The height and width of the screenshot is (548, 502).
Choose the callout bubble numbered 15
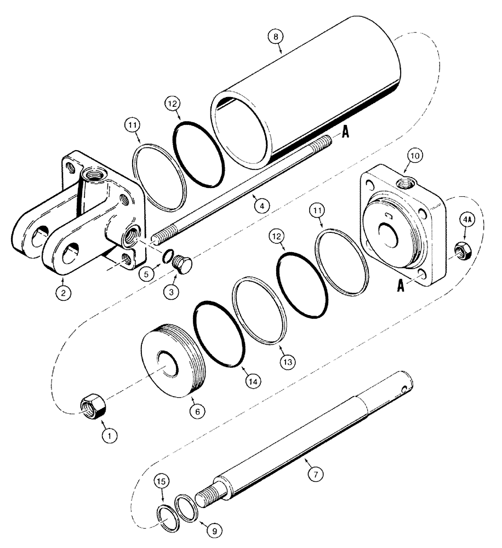tap(162, 482)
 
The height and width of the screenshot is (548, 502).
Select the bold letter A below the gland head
tap(401, 287)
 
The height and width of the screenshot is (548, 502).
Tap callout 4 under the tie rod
tap(261, 206)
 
